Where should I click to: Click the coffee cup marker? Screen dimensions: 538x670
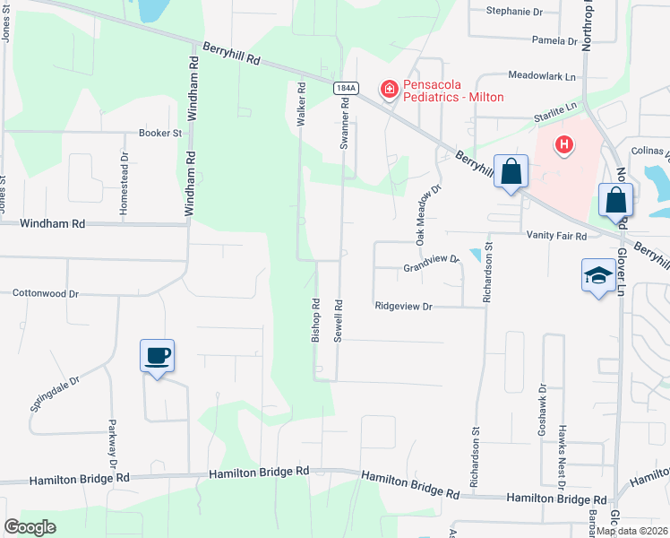157,356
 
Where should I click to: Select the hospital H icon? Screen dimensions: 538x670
564,143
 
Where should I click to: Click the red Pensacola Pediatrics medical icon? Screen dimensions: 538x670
390,89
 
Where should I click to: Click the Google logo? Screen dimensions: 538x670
30,527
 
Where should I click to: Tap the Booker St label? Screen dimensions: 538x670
160,133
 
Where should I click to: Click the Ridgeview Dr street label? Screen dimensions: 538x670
403,307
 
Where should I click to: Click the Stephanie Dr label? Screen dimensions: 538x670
515,12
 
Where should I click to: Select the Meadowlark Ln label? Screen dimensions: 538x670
541,77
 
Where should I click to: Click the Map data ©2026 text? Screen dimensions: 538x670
632,531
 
